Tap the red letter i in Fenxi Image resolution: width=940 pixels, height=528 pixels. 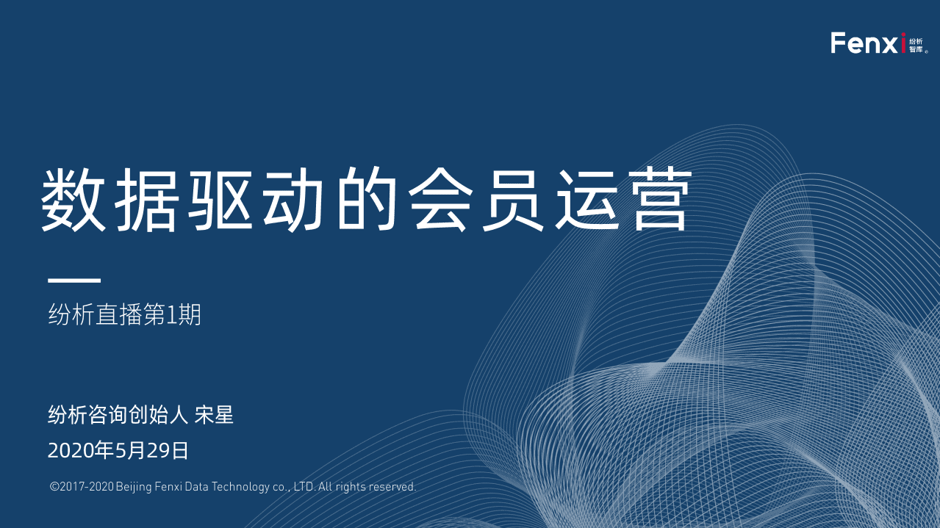[903, 43]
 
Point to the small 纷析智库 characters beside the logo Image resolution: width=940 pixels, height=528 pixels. [916, 45]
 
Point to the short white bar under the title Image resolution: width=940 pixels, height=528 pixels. [74, 281]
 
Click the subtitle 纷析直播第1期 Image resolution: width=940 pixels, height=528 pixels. [124, 316]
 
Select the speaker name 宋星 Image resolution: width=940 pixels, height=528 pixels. [214, 415]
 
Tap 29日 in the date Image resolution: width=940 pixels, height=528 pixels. [168, 451]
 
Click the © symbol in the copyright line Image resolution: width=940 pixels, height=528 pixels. [54, 487]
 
